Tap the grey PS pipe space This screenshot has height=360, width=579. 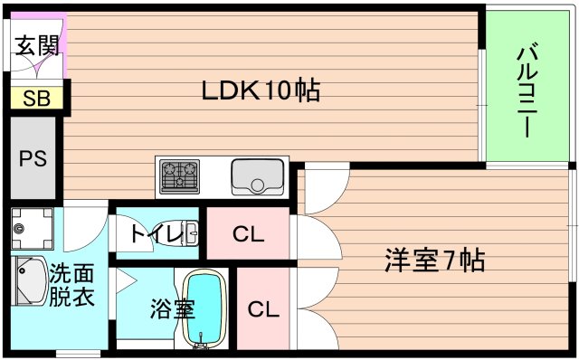33,159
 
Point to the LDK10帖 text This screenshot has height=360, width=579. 261,90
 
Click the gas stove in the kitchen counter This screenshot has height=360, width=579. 181,175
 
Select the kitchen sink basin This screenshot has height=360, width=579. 258,175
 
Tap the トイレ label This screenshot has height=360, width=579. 156,234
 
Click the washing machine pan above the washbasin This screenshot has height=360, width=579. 32,229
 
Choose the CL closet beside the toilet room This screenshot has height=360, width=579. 248,234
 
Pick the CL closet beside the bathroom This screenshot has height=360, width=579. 263,309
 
